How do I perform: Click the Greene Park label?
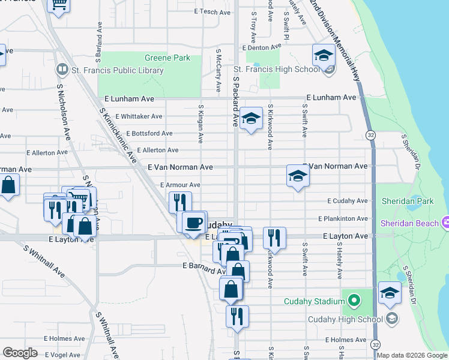coord(167,58)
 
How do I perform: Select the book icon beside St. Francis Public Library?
coord(61,70)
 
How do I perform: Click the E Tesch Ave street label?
coord(212,12)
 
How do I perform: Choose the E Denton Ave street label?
coord(261,47)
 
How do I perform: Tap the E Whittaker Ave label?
coord(139,116)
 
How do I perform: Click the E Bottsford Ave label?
coord(149,133)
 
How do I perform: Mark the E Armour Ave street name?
coord(179,185)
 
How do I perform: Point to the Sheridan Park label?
coord(410,201)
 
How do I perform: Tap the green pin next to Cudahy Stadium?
coord(354,299)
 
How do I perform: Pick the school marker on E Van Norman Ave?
coord(297,176)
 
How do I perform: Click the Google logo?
coord(20,353)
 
